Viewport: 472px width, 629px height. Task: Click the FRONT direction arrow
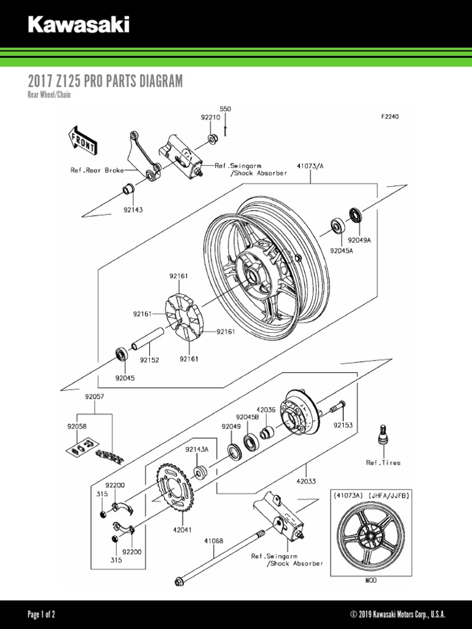[x=82, y=140]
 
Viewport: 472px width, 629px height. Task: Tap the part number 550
[x=226, y=109]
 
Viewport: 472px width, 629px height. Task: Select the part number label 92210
[x=210, y=117]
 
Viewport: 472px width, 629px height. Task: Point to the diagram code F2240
[x=390, y=116]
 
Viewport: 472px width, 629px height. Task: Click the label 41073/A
[x=310, y=166]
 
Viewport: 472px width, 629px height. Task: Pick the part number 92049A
[x=360, y=240]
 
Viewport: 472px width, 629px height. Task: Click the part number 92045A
[x=341, y=251]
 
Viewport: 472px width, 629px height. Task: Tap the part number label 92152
[x=149, y=360]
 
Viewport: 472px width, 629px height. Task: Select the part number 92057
[x=95, y=397]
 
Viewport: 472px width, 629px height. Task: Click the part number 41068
[x=214, y=541]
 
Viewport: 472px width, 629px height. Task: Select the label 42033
[x=306, y=482]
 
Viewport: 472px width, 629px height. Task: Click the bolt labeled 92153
[x=336, y=406]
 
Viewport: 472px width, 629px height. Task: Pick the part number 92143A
[x=197, y=450]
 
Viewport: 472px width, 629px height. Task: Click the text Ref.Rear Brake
[x=96, y=170]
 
